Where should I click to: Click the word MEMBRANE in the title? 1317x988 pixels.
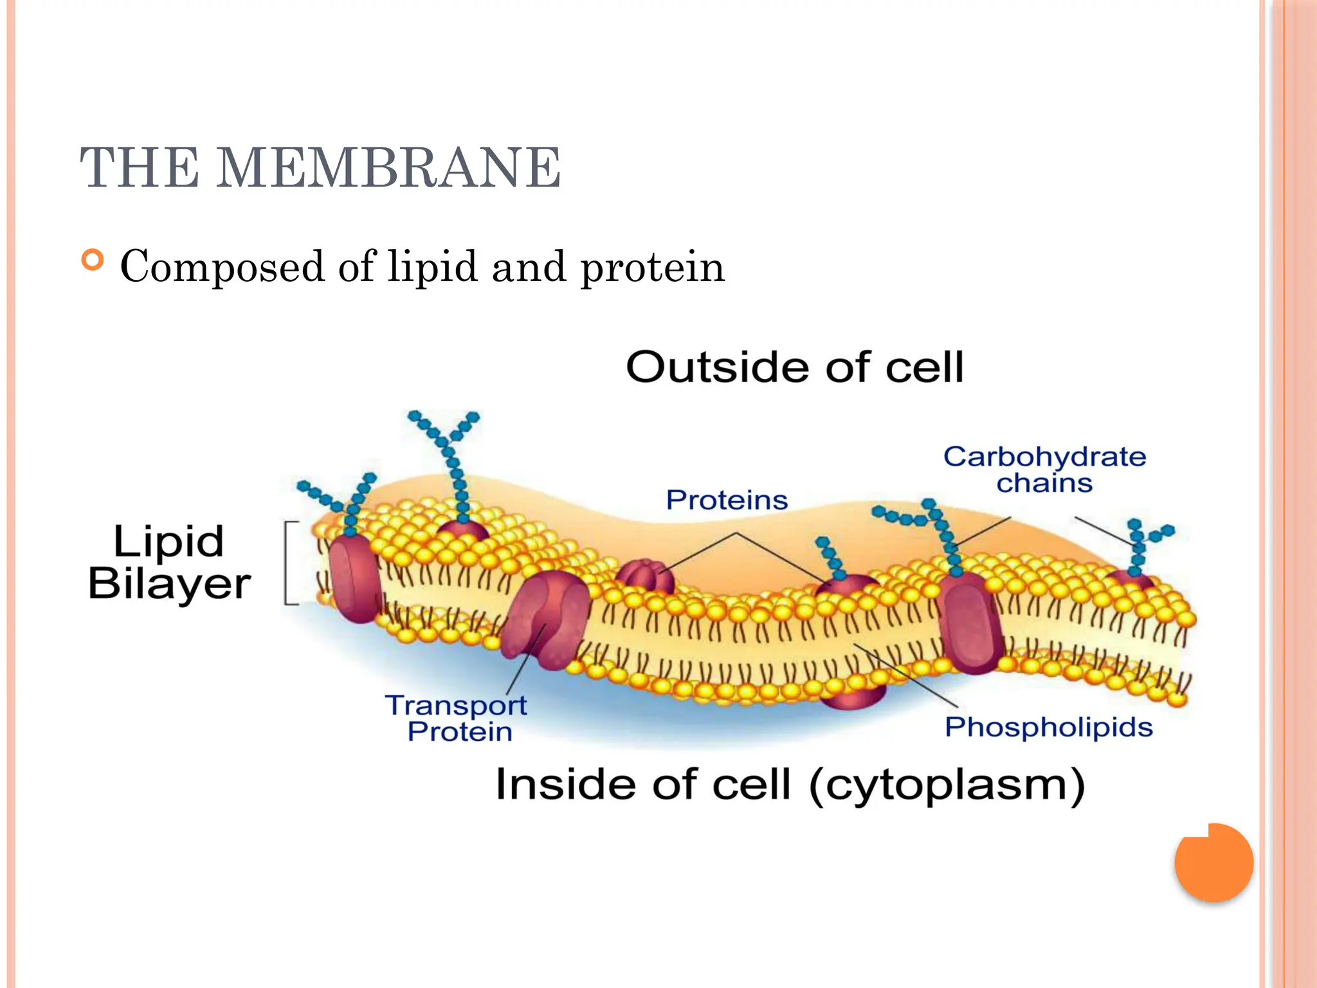point(388,169)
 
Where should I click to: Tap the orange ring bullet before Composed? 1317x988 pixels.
point(93,260)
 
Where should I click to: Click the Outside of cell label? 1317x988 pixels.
point(795,367)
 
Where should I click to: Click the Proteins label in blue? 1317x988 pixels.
point(727,500)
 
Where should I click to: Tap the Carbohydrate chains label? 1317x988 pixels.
point(1044,470)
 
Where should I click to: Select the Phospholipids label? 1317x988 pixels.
point(1048,727)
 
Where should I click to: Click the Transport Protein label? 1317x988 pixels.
point(457,718)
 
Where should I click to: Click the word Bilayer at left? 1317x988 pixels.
point(169,584)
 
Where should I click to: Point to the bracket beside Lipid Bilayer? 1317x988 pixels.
point(290,563)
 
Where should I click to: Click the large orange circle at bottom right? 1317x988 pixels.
point(1213,862)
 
